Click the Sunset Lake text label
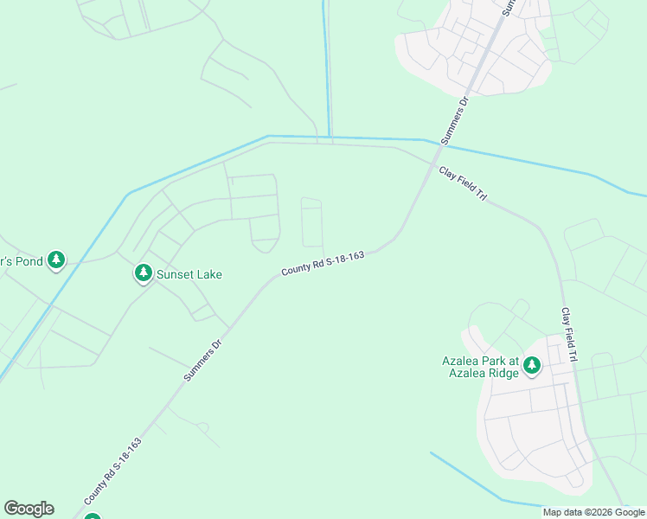click(189, 274)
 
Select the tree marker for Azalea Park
click(532, 365)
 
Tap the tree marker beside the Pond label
click(56, 259)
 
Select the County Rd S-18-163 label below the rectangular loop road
click(323, 264)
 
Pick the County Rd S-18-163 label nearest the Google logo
click(112, 471)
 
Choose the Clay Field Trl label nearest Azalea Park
click(568, 335)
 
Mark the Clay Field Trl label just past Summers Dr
click(462, 183)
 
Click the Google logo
click(29, 509)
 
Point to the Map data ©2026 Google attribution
click(593, 512)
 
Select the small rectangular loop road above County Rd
click(311, 222)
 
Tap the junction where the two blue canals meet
click(328, 137)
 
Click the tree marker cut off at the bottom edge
click(92, 516)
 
